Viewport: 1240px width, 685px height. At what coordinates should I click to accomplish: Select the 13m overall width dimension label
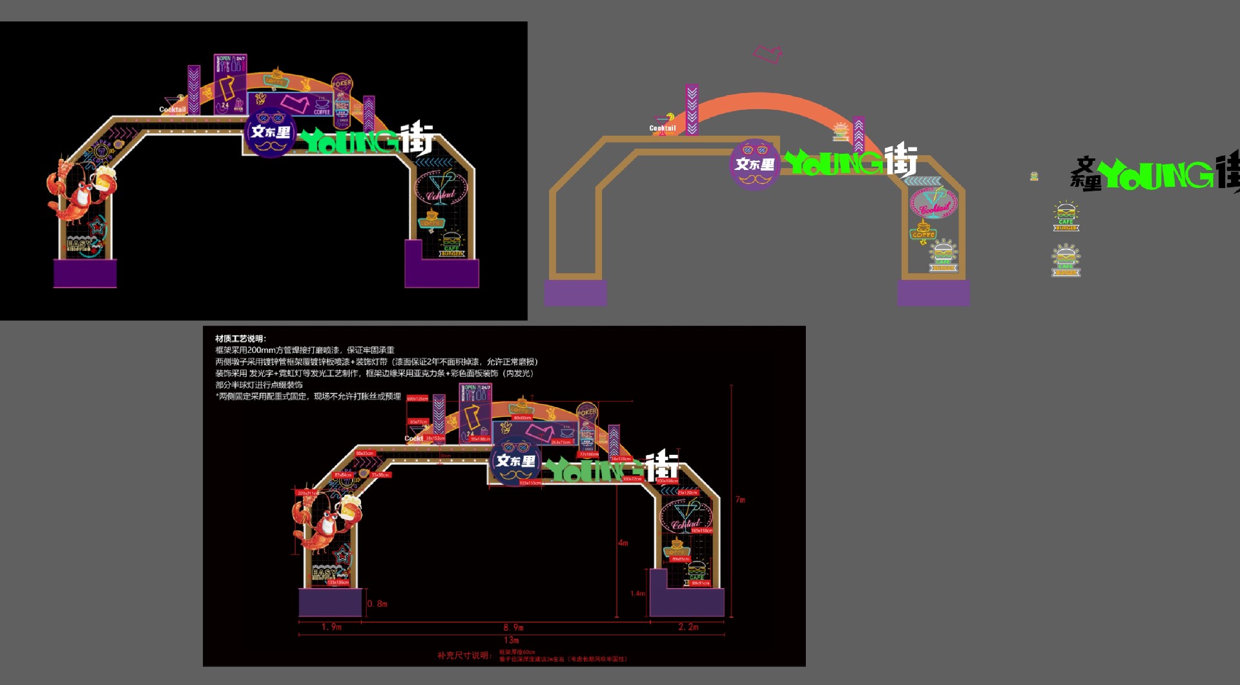pyautogui.click(x=511, y=640)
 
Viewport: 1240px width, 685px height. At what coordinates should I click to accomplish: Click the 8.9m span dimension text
pyautogui.click(x=513, y=627)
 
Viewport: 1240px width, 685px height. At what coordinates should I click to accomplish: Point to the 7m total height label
pyautogui.click(x=740, y=500)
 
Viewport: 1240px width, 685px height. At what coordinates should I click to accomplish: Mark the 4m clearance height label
pyautogui.click(x=623, y=543)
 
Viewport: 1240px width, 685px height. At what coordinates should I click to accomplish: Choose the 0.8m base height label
pyautogui.click(x=377, y=604)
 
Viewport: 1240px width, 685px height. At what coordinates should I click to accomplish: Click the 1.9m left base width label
pyautogui.click(x=331, y=627)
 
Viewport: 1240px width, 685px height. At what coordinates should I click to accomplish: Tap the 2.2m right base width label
pyautogui.click(x=688, y=627)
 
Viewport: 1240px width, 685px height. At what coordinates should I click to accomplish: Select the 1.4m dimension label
pyautogui.click(x=637, y=593)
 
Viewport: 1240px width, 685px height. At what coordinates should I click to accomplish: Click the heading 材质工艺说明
pyautogui.click(x=240, y=339)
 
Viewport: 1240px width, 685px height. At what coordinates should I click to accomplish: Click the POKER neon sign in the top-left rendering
pyautogui.click(x=342, y=83)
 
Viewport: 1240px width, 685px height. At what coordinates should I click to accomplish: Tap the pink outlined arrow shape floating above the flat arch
pyautogui.click(x=768, y=54)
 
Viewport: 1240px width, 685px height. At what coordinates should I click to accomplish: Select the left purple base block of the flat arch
pyautogui.click(x=575, y=293)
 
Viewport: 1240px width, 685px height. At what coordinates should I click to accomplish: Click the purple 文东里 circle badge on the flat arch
pyautogui.click(x=754, y=164)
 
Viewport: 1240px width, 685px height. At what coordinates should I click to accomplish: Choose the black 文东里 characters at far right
pyautogui.click(x=1086, y=174)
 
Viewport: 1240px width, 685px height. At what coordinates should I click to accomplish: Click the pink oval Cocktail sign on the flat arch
pyautogui.click(x=934, y=203)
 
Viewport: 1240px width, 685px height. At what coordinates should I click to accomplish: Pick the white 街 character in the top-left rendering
pyautogui.click(x=417, y=137)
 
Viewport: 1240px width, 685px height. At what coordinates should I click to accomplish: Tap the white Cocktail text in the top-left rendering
pyautogui.click(x=172, y=110)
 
